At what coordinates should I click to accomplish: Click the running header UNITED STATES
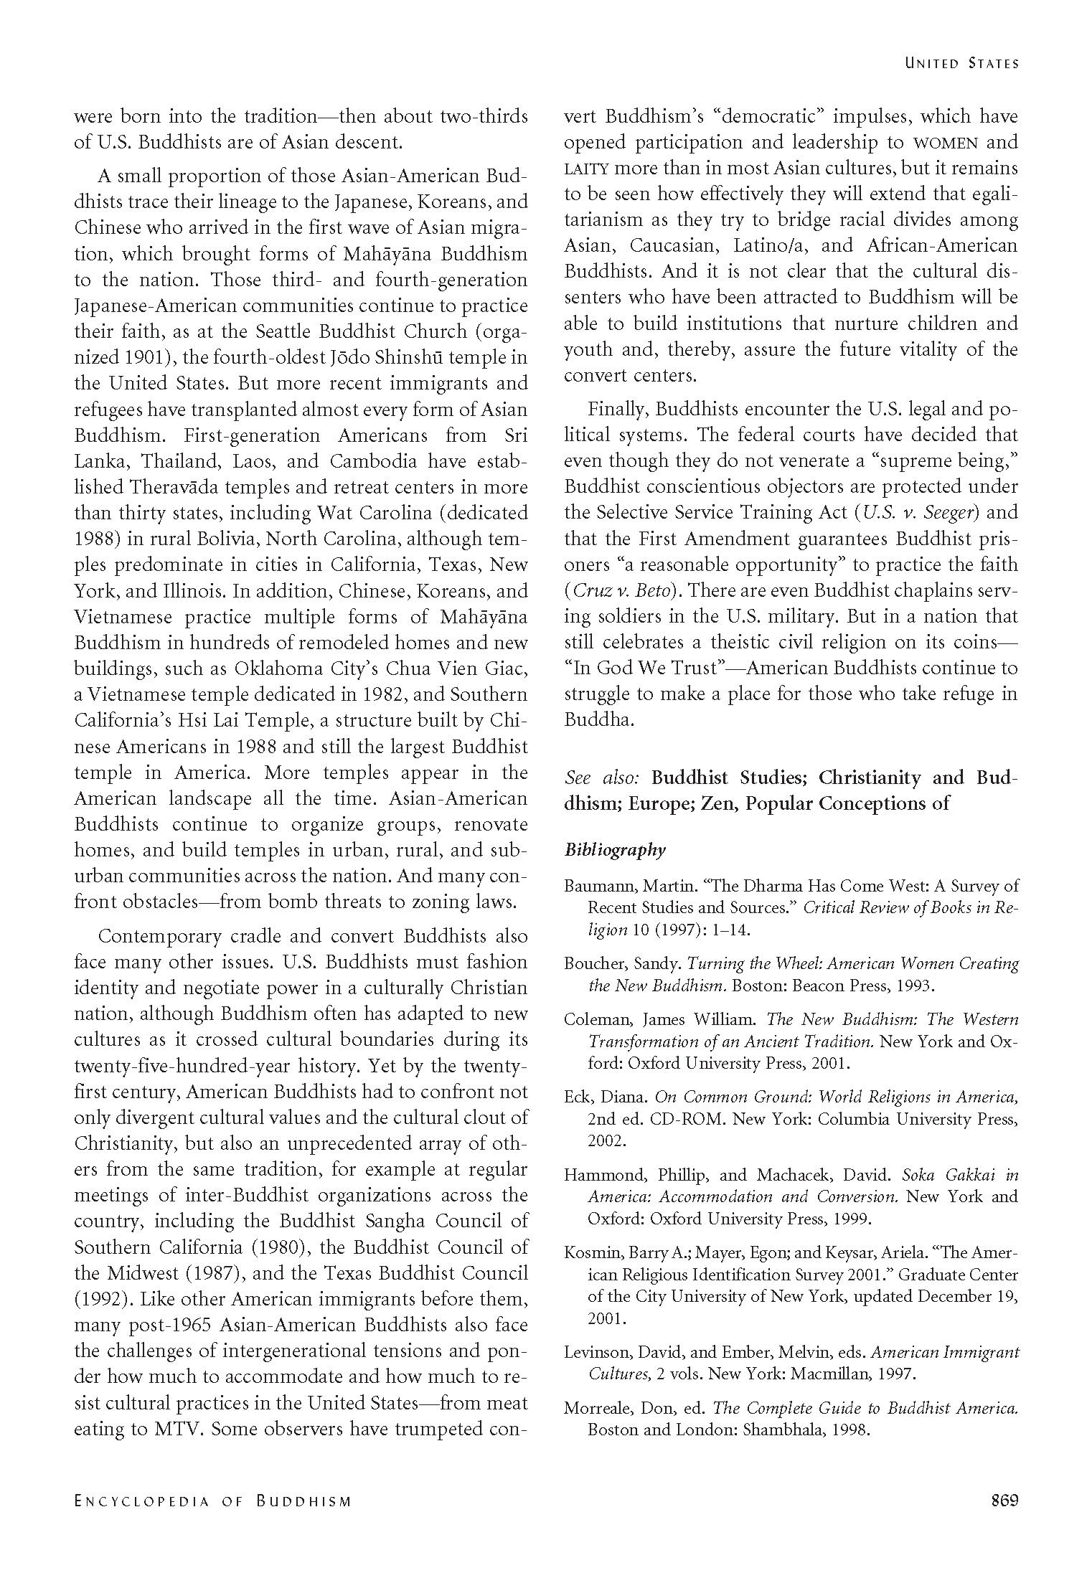[x=961, y=64]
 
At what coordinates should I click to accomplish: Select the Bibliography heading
[x=615, y=850]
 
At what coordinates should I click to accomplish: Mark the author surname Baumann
[x=595, y=886]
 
